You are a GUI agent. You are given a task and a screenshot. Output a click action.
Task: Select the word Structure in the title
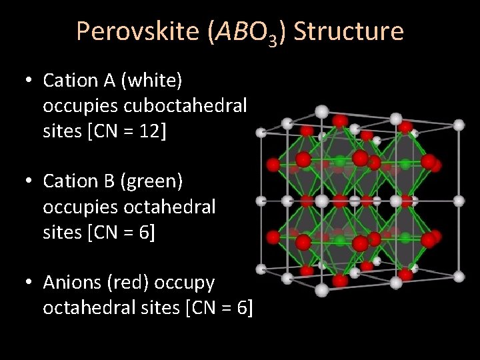(x=348, y=31)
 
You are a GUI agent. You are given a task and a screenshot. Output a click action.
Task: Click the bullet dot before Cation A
(x=27, y=81)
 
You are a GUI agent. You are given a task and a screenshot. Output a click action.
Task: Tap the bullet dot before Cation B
(x=27, y=181)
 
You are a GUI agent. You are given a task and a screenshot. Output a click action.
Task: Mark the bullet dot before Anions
(x=27, y=283)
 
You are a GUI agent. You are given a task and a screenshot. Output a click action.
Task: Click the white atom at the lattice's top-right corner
(x=459, y=124)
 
